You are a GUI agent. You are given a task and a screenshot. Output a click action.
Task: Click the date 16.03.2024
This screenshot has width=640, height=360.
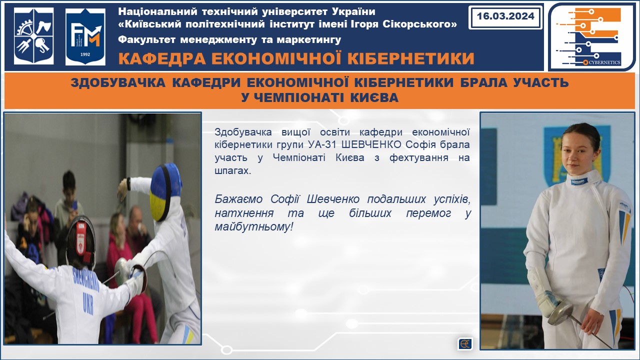(505, 16)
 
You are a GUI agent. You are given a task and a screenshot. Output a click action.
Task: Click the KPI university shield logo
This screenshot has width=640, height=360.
(33, 35)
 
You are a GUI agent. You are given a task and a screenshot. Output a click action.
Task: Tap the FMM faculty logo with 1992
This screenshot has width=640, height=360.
(85, 36)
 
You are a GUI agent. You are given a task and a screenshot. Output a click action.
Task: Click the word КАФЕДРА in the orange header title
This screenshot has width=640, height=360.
(161, 58)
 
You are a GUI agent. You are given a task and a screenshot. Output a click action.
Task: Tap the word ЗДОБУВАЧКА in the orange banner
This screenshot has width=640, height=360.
(118, 82)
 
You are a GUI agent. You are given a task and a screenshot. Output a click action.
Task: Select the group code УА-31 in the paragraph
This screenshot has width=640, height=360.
(322, 144)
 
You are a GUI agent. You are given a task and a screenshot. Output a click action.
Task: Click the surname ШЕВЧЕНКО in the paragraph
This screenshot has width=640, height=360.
(371, 144)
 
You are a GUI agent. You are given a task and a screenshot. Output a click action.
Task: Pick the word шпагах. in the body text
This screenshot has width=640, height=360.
(233, 170)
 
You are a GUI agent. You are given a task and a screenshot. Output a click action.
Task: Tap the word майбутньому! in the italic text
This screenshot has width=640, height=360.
(254, 227)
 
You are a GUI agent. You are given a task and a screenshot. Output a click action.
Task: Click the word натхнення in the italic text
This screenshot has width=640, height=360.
(244, 213)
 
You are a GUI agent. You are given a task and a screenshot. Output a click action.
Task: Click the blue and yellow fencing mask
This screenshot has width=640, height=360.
(165, 192)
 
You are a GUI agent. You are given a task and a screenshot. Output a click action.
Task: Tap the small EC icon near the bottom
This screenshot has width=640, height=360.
(465, 343)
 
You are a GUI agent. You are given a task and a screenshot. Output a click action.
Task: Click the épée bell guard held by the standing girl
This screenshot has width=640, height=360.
(560, 312)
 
